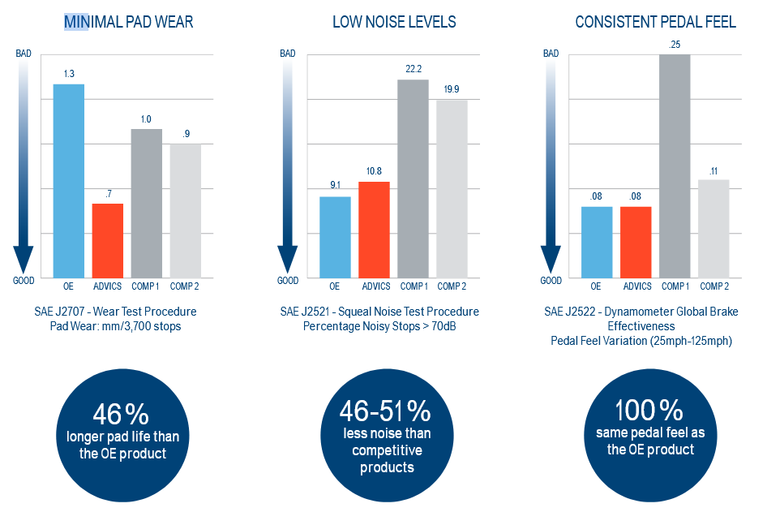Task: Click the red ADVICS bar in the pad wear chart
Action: pyautogui.click(x=108, y=240)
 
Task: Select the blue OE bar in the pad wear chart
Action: pyautogui.click(x=69, y=180)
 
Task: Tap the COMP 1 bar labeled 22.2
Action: pyautogui.click(x=413, y=179)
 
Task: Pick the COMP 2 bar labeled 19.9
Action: pyautogui.click(x=452, y=188)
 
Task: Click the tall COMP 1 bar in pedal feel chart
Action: pyautogui.click(x=675, y=166)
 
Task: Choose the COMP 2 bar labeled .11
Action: pyautogui.click(x=713, y=228)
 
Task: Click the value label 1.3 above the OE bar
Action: pyautogui.click(x=69, y=74)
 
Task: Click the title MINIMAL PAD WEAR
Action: pyautogui.click(x=129, y=22)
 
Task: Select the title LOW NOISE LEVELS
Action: pyautogui.click(x=394, y=22)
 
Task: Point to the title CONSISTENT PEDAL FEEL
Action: pyautogui.click(x=655, y=22)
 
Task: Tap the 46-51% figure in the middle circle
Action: pyautogui.click(x=385, y=410)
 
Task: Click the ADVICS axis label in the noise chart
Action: pyautogui.click(x=376, y=286)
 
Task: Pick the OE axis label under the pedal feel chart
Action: pyautogui.click(x=596, y=286)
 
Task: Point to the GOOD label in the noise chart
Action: pyautogui.click(x=288, y=281)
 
